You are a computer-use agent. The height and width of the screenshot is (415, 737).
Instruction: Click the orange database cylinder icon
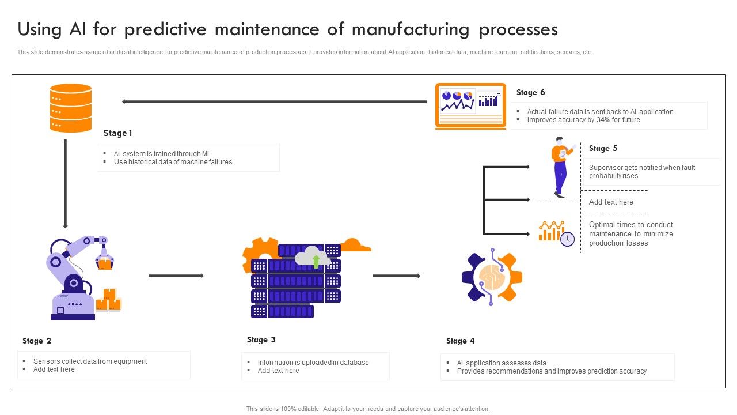click(x=71, y=108)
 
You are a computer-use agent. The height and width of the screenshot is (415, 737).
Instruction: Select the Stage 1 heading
click(x=117, y=133)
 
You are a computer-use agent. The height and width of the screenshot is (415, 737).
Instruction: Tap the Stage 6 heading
click(x=530, y=92)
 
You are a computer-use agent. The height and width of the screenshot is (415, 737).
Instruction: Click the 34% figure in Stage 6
click(x=603, y=120)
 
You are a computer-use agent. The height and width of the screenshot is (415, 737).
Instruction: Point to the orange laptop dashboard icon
click(x=470, y=106)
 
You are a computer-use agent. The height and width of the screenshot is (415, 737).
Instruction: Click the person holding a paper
click(x=561, y=167)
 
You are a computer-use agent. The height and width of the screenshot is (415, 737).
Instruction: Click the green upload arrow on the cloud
click(x=316, y=261)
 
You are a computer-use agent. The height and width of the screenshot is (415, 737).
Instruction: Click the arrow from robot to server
click(x=176, y=276)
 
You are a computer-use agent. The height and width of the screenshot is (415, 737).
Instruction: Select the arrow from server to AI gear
click(x=397, y=276)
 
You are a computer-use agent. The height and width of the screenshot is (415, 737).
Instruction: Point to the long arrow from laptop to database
click(x=274, y=102)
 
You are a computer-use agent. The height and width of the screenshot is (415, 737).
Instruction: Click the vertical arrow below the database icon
click(x=65, y=183)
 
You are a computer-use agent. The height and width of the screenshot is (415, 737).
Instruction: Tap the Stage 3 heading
click(x=261, y=339)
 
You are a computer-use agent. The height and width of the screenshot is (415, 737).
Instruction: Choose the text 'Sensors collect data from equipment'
click(x=90, y=361)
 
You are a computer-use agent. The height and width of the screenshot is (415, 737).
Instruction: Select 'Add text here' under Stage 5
click(x=611, y=202)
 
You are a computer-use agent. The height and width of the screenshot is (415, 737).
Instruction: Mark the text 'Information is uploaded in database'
click(x=313, y=363)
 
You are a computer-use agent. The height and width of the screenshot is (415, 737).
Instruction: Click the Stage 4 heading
click(x=460, y=341)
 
